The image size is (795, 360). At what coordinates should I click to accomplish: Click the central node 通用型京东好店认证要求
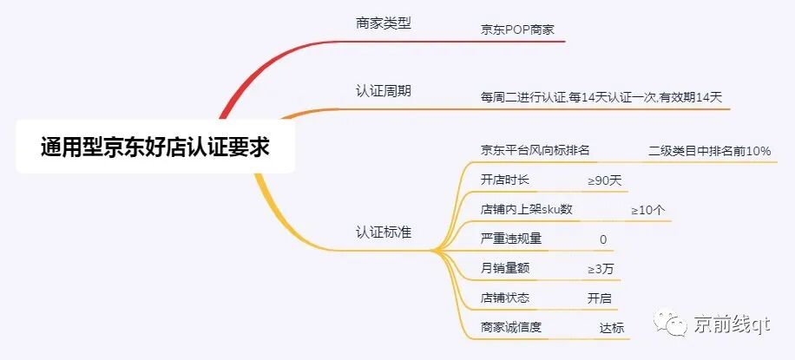pos(155,147)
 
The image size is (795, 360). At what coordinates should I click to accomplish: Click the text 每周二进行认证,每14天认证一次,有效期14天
pos(601,97)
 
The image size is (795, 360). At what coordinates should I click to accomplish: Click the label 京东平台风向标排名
pos(535,150)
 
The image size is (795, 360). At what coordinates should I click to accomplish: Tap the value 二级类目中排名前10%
pos(709,151)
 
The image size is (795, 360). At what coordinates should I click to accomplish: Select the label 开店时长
pos(504,180)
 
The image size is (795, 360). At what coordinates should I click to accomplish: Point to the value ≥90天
pos(605,180)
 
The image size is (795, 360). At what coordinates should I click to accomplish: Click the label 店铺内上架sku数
pos(526,209)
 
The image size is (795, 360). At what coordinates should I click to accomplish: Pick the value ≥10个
pos(648,210)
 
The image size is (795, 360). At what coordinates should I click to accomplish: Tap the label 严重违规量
pos(510,239)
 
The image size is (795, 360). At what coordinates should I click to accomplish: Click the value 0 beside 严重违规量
pos(603,239)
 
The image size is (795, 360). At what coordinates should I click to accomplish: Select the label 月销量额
pos(504,268)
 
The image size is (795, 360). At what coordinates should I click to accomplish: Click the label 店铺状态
pos(504,298)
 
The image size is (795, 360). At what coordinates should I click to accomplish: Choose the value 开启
pos(600,298)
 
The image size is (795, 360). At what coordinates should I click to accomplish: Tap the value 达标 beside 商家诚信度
pos(611,327)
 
